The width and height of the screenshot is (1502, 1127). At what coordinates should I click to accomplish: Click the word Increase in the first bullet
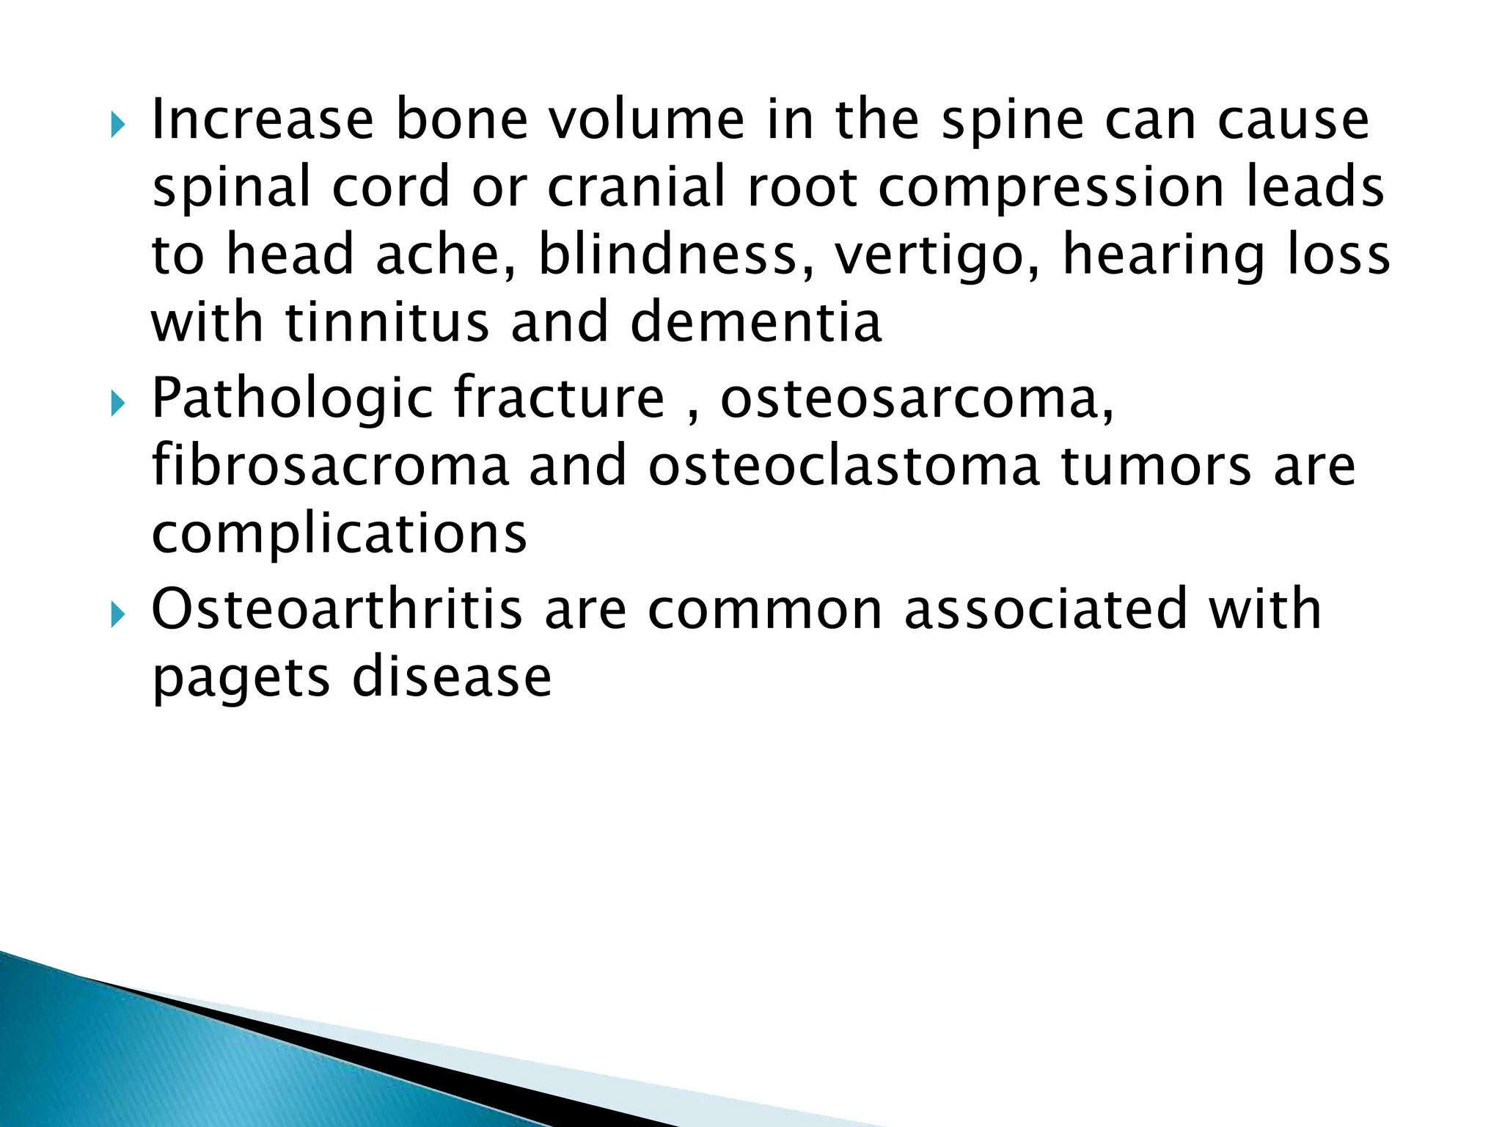(x=262, y=120)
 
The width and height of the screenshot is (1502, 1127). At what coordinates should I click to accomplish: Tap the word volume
(x=647, y=120)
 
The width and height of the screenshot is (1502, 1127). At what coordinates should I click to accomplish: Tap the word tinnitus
(x=387, y=323)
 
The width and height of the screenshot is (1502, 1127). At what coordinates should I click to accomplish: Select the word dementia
(x=755, y=323)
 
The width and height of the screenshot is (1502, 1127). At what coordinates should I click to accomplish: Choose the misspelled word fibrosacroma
(x=330, y=467)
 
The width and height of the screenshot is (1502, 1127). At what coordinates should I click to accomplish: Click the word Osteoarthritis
(x=337, y=609)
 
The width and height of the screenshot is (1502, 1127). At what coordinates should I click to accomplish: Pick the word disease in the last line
(x=452, y=676)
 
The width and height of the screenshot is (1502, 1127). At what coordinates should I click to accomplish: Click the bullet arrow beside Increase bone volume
(x=117, y=125)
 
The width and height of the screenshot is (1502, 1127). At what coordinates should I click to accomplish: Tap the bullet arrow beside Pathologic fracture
(x=117, y=404)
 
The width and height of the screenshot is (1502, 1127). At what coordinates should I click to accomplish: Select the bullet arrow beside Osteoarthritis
(x=117, y=615)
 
